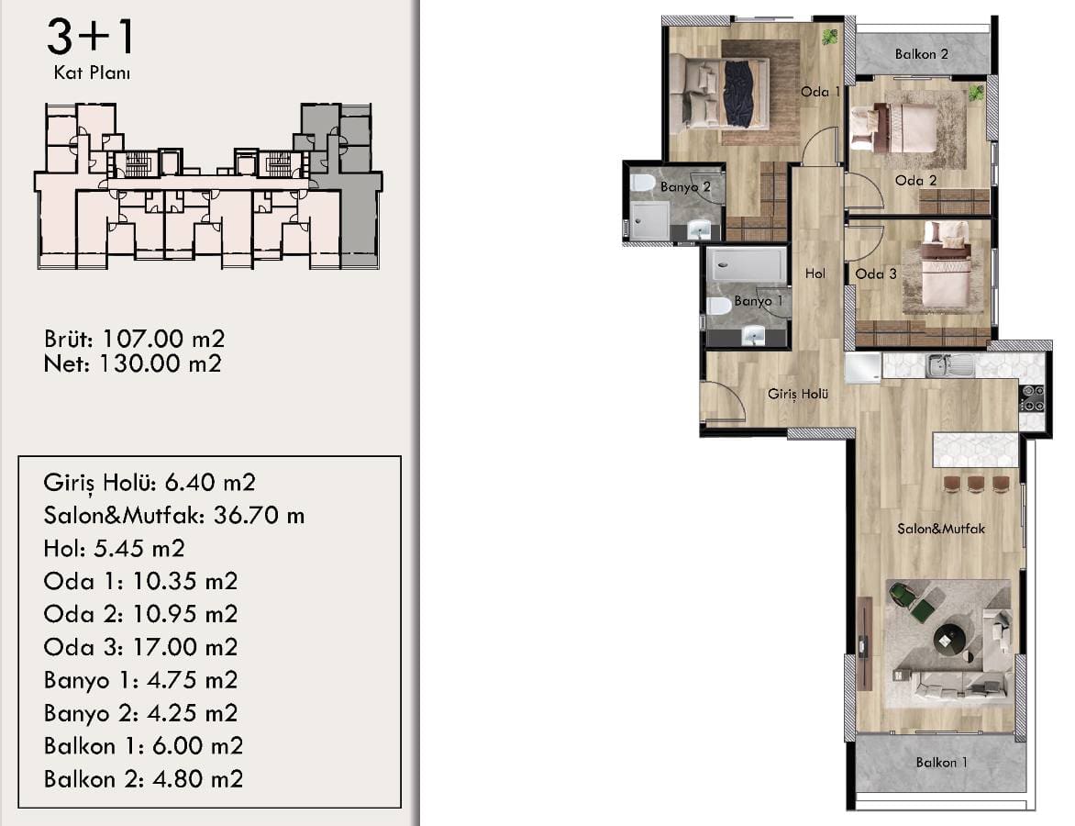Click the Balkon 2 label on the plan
(x=922, y=54)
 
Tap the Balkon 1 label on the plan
(x=941, y=762)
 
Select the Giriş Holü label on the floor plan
(x=797, y=394)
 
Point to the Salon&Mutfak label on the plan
(x=941, y=529)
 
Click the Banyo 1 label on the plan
(x=758, y=300)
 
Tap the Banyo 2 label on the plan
(x=685, y=186)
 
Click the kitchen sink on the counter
(x=949, y=365)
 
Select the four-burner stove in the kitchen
(x=1032, y=398)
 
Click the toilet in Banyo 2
(x=642, y=184)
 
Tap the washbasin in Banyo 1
(x=754, y=336)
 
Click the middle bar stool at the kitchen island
(x=976, y=484)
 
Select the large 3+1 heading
(x=90, y=38)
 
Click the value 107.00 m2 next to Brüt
(x=163, y=339)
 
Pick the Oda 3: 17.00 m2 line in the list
(x=140, y=647)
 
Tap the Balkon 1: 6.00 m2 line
(x=143, y=746)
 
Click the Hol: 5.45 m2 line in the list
(x=114, y=548)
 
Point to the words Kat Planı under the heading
(x=92, y=73)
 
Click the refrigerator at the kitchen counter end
(x=862, y=368)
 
